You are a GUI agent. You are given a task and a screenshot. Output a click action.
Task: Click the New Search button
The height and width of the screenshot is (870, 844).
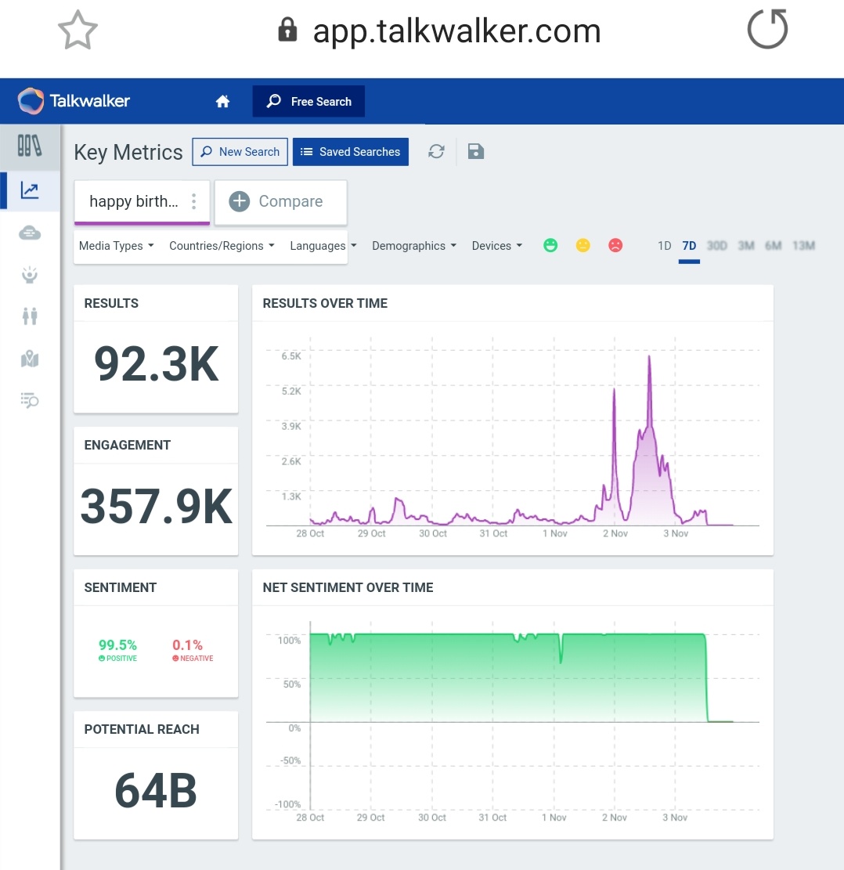(x=240, y=152)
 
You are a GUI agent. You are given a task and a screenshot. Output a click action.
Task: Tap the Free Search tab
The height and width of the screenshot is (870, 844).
(x=308, y=101)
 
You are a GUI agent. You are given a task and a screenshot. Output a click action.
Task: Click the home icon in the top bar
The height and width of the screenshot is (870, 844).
(x=223, y=101)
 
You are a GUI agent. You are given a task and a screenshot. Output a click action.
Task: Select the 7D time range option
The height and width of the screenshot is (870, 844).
(x=689, y=246)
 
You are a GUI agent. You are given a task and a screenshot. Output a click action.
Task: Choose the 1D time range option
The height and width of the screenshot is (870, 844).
(x=664, y=246)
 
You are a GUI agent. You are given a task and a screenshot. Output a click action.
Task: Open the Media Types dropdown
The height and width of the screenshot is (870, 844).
(x=116, y=246)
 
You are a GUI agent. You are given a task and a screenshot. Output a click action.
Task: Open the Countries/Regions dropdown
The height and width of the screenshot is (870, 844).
(x=222, y=246)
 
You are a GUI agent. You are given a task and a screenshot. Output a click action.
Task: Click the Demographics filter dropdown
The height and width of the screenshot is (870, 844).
(x=413, y=246)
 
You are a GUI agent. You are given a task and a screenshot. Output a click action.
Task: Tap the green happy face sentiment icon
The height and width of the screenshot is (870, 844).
(x=550, y=246)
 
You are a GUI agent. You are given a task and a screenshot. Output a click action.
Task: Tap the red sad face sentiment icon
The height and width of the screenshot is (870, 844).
(x=615, y=246)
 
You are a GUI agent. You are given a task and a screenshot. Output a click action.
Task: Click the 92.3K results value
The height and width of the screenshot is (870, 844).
(x=156, y=364)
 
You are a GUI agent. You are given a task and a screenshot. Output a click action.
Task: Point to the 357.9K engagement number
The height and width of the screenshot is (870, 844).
(x=156, y=507)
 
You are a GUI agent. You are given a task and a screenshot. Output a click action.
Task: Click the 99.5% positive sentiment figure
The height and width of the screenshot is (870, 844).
(x=117, y=645)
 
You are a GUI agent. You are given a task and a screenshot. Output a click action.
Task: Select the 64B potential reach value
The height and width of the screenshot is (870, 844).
(x=156, y=790)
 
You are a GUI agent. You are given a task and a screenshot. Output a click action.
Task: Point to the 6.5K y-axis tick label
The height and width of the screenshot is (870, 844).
(x=290, y=356)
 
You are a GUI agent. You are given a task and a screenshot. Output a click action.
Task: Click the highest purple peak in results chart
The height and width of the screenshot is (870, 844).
(x=649, y=358)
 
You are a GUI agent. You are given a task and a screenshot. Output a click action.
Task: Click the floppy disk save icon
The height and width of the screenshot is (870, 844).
(x=475, y=151)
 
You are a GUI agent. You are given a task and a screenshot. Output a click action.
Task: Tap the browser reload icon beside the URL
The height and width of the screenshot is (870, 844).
(x=767, y=31)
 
